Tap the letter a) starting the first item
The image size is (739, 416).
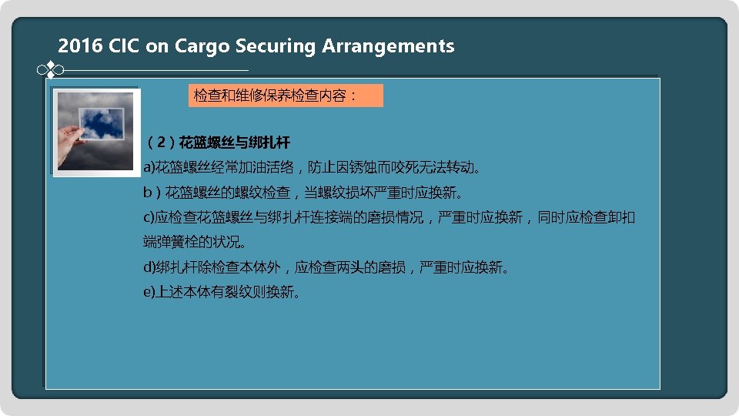149,167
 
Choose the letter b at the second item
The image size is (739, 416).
147,192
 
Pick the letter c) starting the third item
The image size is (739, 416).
149,218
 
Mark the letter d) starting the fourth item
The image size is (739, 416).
149,268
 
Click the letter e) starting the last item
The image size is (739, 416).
149,293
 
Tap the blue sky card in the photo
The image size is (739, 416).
102,124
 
